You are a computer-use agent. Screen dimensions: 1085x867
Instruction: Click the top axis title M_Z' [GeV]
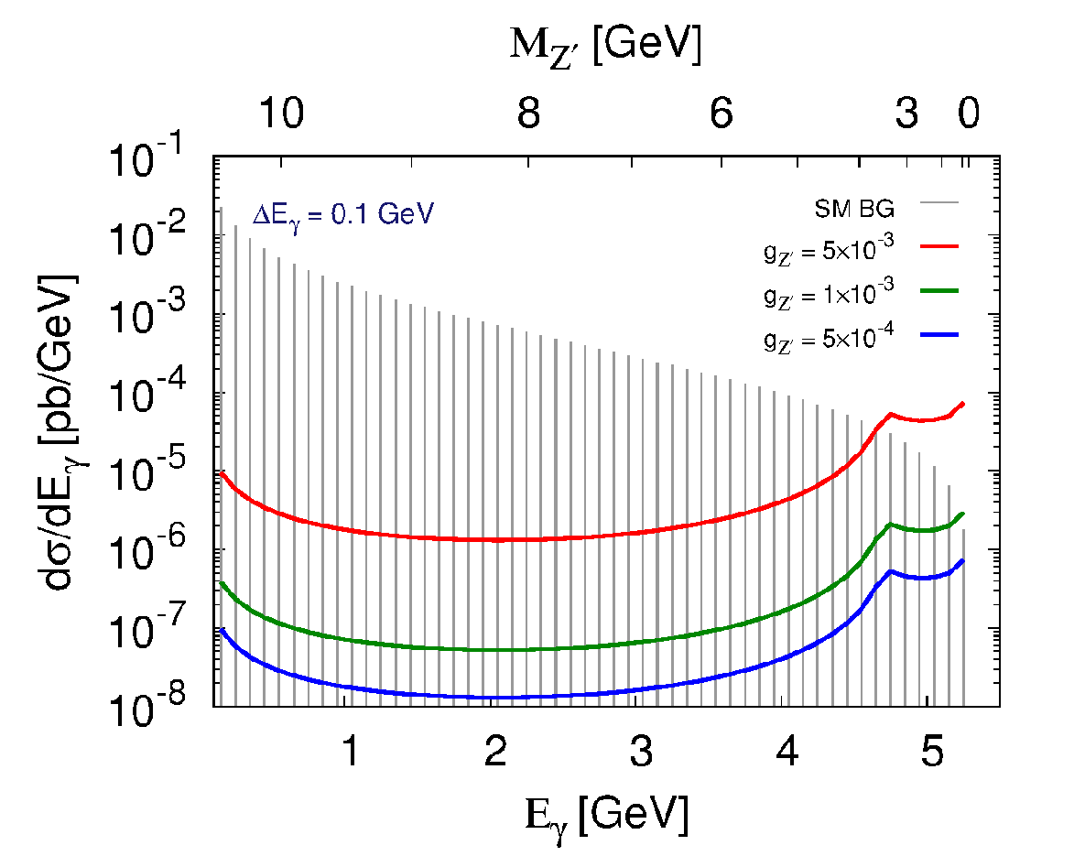[x=605, y=47]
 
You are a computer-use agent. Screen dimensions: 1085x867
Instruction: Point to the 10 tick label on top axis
[x=281, y=112]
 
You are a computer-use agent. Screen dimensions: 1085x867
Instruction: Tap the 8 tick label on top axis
[x=528, y=112]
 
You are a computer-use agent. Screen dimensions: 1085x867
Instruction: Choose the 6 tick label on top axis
[x=721, y=112]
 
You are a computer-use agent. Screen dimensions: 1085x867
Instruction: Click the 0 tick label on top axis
[x=969, y=112]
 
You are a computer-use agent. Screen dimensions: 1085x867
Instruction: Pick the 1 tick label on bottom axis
[x=352, y=751]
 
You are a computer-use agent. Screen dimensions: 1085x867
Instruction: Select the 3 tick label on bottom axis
[x=642, y=751]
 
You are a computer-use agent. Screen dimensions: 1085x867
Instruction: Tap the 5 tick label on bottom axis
[x=932, y=751]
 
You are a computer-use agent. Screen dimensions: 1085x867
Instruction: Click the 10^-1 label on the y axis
[x=147, y=157]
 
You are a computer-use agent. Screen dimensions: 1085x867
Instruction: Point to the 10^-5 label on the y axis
[x=147, y=470]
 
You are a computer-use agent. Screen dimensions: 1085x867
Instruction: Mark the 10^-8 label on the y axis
[x=147, y=705]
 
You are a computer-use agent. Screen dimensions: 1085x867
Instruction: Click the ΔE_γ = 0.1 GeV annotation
[x=343, y=215]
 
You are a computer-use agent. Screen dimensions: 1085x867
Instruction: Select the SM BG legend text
[x=854, y=208]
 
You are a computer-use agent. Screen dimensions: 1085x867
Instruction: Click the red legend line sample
[x=939, y=245]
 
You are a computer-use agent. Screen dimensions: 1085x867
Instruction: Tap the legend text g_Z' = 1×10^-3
[x=829, y=293]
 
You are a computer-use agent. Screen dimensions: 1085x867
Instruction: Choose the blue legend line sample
[x=939, y=335]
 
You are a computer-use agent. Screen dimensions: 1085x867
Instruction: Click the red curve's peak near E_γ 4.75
[x=891, y=414]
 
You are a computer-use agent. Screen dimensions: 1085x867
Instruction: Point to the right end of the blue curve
[x=962, y=560]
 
